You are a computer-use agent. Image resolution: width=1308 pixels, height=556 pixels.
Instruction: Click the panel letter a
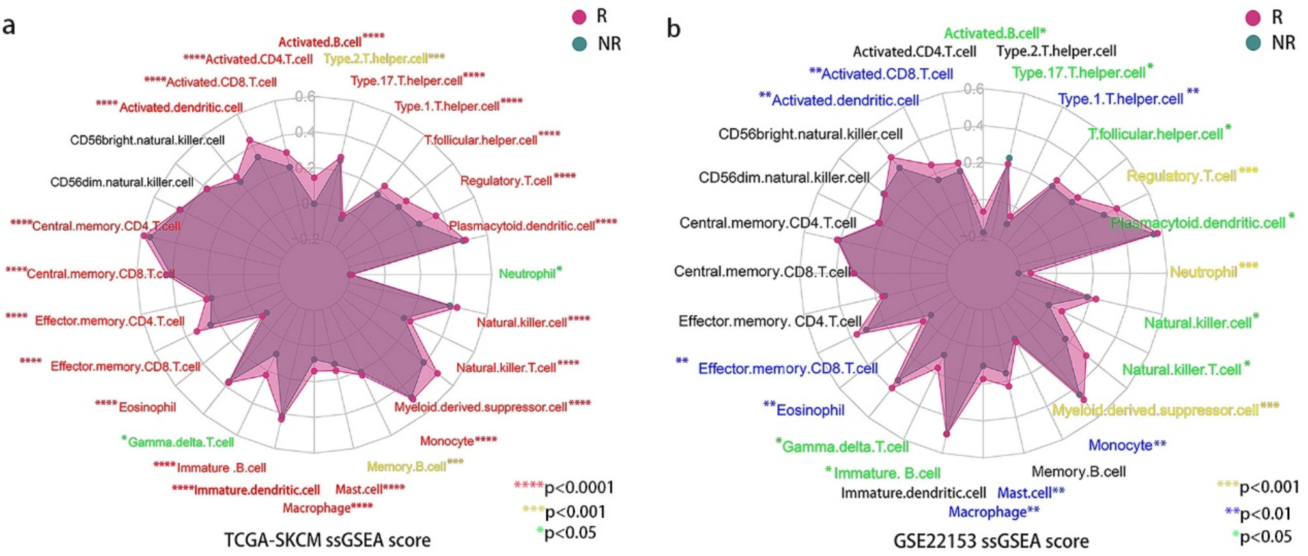[x=8, y=27]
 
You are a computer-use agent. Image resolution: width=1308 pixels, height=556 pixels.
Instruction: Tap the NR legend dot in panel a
[x=579, y=44]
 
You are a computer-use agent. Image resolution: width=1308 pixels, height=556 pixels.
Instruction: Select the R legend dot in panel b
[x=1253, y=18]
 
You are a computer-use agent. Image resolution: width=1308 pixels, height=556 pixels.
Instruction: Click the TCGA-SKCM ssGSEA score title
[x=327, y=540]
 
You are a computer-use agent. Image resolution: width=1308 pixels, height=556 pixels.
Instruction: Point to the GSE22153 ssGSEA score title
[x=991, y=541]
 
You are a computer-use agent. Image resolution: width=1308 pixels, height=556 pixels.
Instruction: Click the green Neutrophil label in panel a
[x=527, y=274]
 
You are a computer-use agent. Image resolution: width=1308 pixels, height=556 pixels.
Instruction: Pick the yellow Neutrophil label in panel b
[x=1203, y=272]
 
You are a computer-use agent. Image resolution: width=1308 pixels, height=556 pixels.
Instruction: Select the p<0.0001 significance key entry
[x=564, y=488]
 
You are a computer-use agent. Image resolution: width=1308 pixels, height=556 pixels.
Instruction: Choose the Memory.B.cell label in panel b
[x=1078, y=471]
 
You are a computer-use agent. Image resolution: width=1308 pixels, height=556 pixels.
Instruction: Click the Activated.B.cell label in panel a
[x=320, y=42]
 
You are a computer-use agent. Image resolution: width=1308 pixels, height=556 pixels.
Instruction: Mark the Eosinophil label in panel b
[x=810, y=410]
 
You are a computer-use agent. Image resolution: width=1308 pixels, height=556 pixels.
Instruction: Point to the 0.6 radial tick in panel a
[x=305, y=97]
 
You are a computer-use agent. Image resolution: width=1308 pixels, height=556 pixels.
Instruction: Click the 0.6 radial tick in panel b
[x=973, y=89]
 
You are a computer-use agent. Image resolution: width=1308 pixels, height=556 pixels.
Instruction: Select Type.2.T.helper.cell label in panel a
[x=376, y=59]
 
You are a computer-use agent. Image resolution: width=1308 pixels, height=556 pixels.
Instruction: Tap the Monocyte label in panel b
[x=1120, y=445]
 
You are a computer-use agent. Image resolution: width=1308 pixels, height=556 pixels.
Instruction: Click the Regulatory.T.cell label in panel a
[x=505, y=181]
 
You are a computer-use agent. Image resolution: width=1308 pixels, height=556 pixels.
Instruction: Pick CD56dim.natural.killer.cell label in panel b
[x=784, y=177]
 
